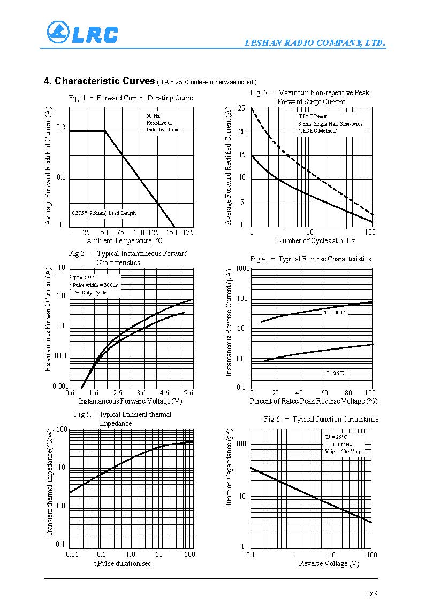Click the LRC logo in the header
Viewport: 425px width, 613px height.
click(x=82, y=33)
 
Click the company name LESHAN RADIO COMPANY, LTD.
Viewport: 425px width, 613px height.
click(x=315, y=43)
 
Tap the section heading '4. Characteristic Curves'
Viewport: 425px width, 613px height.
click(x=100, y=81)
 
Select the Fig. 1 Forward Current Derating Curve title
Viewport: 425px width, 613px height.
click(x=131, y=98)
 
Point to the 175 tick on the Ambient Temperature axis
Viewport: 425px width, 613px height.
click(x=188, y=232)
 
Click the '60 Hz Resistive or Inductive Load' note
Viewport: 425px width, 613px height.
click(x=163, y=123)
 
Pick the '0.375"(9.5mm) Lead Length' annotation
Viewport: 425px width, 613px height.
click(x=104, y=213)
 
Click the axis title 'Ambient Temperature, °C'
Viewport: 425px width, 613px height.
click(x=125, y=241)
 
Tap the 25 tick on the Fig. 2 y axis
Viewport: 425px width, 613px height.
click(x=242, y=108)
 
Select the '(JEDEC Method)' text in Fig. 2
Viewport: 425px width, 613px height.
click(x=317, y=130)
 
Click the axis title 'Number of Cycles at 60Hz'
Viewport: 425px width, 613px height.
click(x=316, y=241)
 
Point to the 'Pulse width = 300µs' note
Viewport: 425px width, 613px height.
click(x=95, y=285)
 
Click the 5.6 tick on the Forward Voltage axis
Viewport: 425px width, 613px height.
click(x=188, y=393)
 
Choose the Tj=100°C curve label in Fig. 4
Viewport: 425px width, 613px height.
click(x=335, y=313)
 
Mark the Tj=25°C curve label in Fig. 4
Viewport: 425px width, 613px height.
click(x=335, y=374)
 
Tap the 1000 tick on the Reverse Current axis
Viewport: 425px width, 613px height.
click(x=242, y=269)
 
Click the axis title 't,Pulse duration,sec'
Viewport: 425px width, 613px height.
click(x=123, y=563)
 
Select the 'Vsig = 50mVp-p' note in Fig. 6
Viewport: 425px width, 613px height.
click(x=343, y=452)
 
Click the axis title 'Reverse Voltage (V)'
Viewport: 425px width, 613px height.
click(x=329, y=563)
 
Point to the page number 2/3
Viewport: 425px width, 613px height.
click(x=372, y=593)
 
